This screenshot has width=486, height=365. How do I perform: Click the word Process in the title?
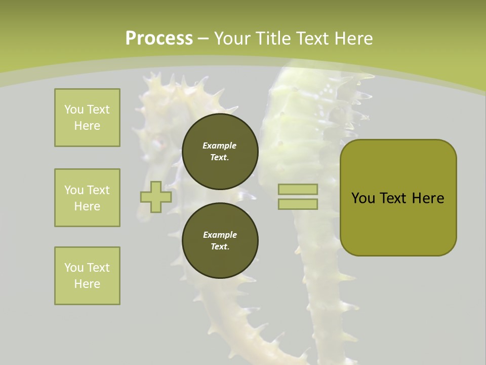159,38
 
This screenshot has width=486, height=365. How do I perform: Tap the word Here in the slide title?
353,38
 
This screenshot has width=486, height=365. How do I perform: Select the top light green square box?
87,118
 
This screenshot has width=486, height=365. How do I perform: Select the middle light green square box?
87,198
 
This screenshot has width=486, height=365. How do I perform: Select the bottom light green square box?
87,276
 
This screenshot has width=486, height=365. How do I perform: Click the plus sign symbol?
156,197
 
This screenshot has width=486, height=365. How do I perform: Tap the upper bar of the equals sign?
298,189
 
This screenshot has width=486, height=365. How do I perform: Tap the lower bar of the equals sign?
298,204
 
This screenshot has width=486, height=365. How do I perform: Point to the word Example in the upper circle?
220,145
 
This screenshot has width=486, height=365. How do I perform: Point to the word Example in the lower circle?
220,235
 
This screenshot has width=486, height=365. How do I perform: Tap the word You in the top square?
74,109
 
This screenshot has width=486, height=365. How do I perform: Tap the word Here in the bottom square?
87,284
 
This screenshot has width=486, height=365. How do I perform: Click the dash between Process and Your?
204,38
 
